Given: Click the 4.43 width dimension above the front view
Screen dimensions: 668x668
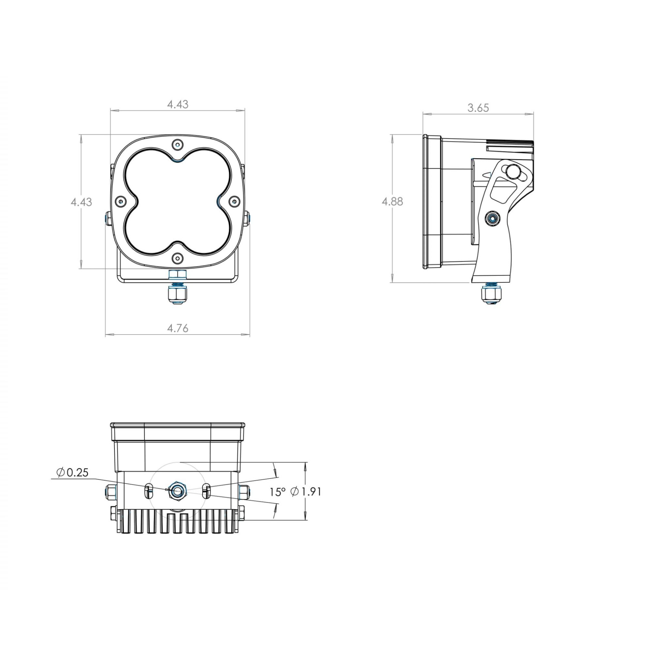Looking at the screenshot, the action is (178, 104).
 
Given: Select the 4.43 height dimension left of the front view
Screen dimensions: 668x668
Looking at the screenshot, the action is (81, 202).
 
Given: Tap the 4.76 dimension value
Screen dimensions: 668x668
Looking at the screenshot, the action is (178, 328).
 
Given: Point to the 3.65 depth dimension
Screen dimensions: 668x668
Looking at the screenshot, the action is (478, 108).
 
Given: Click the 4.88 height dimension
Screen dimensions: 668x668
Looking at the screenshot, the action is (392, 202).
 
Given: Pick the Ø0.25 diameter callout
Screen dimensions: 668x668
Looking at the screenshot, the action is (72, 472).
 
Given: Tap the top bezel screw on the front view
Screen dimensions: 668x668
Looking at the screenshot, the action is (178, 144).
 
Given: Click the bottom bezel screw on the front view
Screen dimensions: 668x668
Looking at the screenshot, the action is (178, 258).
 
